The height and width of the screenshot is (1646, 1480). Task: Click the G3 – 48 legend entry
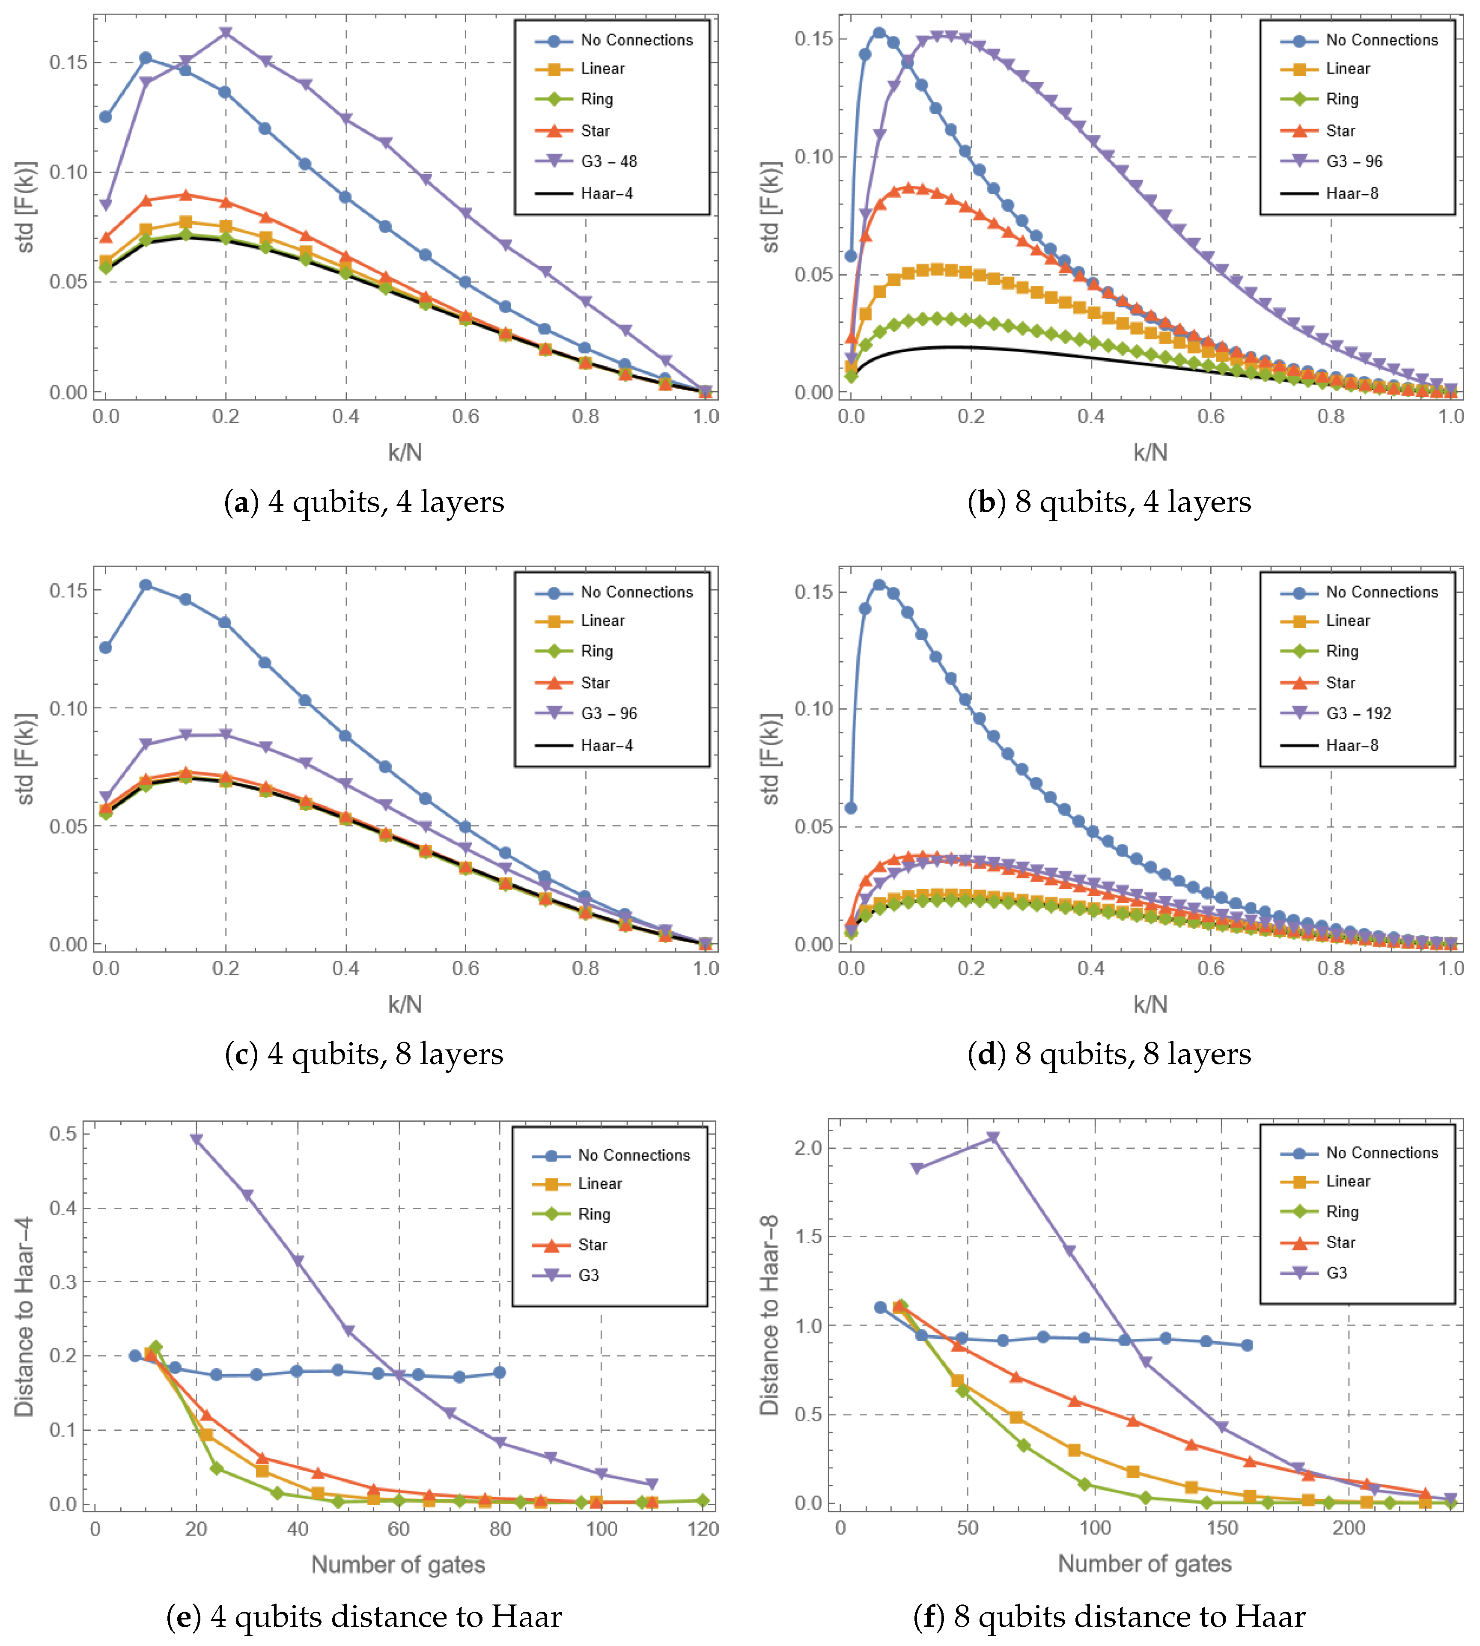click(x=608, y=161)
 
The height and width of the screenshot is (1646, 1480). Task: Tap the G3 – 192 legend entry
click(x=1358, y=713)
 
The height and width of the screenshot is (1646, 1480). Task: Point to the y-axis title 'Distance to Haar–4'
click(x=24, y=1317)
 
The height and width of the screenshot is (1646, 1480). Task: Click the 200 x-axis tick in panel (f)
click(x=1348, y=1527)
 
